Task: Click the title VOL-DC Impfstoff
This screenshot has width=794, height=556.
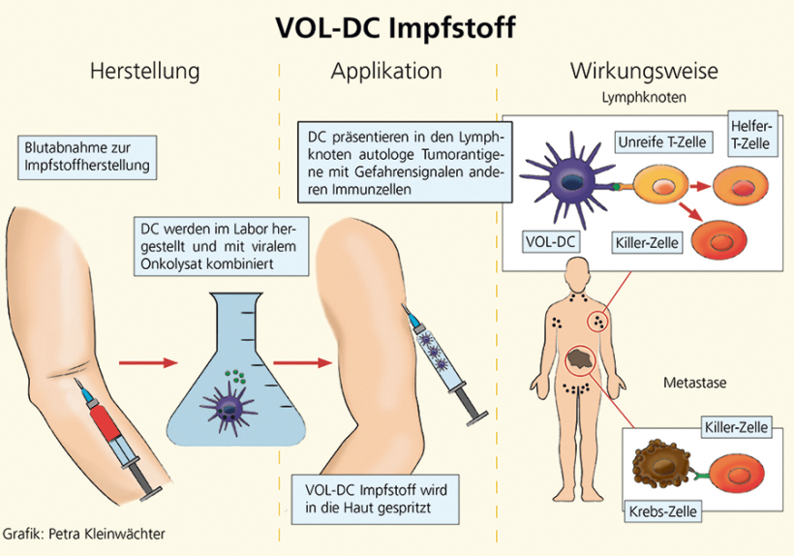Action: (398, 27)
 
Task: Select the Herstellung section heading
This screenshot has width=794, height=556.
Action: (144, 72)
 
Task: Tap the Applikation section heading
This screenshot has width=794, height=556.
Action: (386, 72)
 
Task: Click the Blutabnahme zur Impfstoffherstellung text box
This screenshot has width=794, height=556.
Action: (86, 156)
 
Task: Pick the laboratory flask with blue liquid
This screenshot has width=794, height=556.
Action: (233, 383)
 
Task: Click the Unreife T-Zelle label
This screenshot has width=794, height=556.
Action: (663, 142)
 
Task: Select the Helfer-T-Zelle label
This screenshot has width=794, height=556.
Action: (751, 136)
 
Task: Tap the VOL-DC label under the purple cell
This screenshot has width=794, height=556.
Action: (551, 239)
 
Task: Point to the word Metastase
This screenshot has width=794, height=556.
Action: (694, 383)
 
